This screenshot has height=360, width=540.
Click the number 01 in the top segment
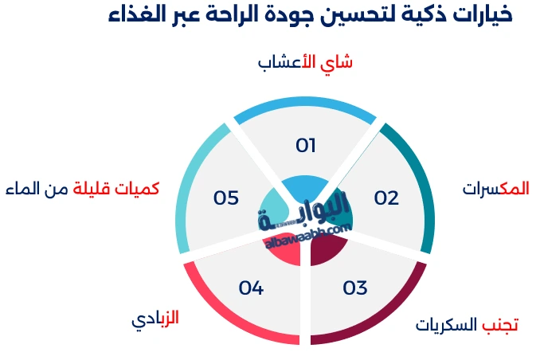click(x=306, y=146)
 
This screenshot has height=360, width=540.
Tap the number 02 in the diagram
click(x=386, y=198)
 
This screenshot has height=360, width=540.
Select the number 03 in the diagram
click(x=355, y=288)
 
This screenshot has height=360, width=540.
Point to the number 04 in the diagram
click(x=251, y=288)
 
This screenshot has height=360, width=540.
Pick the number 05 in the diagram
click(x=226, y=198)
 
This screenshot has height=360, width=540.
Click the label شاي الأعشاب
click(x=306, y=63)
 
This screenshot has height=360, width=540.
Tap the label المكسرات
click(x=495, y=189)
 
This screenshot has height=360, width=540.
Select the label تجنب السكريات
click(x=468, y=325)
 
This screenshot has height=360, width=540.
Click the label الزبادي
click(x=155, y=319)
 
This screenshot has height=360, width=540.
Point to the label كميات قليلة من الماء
click(x=82, y=189)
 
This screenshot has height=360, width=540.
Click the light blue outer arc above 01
click(x=306, y=103)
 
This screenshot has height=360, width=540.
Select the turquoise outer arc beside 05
click(x=187, y=183)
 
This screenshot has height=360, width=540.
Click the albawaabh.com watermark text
click(x=307, y=235)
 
